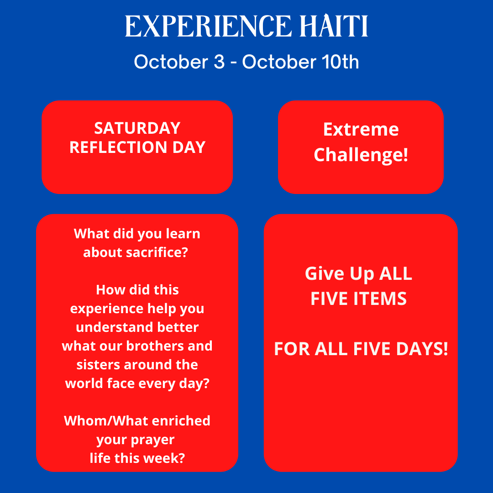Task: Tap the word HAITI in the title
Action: (x=334, y=26)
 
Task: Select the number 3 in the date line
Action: (x=219, y=62)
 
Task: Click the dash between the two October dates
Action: (x=233, y=63)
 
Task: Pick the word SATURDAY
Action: (x=137, y=128)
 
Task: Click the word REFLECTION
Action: (x=118, y=147)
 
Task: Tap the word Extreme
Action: (x=361, y=130)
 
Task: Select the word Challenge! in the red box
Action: (x=361, y=155)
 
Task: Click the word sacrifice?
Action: (x=157, y=252)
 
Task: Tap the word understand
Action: (x=115, y=327)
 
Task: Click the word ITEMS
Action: (x=380, y=299)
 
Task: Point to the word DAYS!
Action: (x=422, y=349)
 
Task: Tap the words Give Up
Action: (x=340, y=274)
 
